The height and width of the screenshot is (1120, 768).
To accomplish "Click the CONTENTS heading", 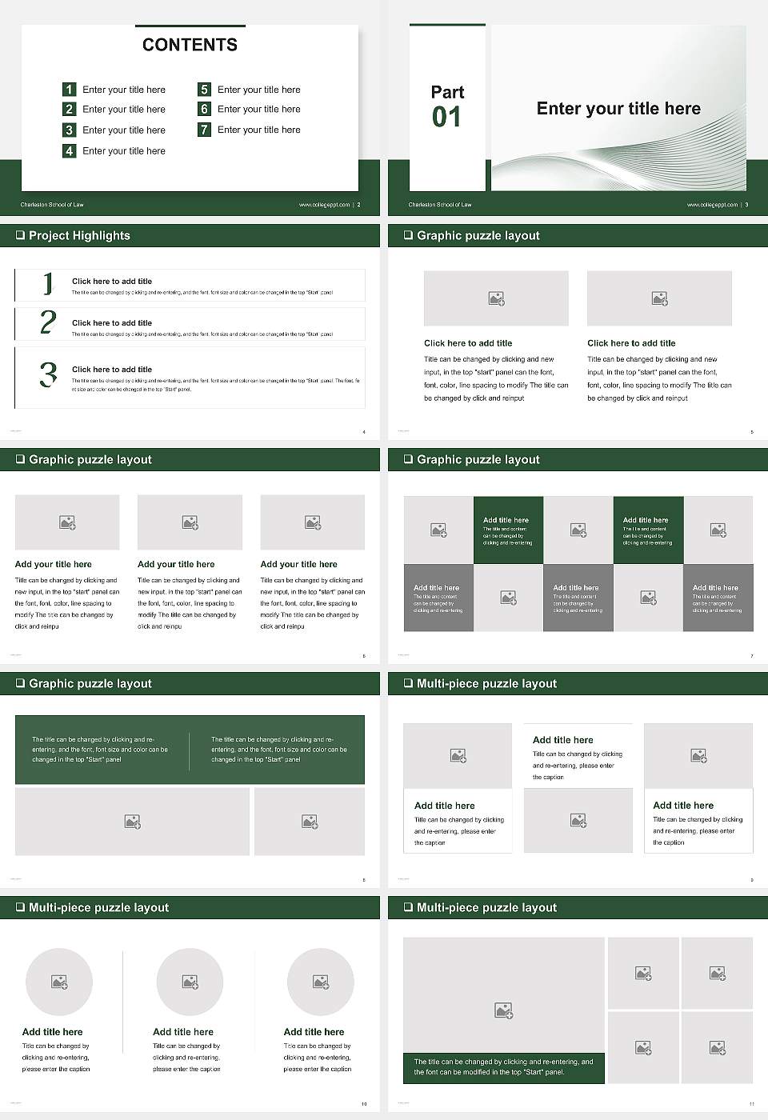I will click(190, 45).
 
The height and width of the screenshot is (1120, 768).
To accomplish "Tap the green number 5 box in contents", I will click(204, 90).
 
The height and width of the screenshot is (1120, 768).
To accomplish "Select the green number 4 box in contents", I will click(70, 150).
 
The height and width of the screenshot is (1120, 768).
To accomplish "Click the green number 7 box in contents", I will click(204, 130).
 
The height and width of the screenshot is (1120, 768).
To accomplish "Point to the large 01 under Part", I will click(446, 118).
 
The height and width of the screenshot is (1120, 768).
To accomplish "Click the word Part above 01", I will click(447, 92).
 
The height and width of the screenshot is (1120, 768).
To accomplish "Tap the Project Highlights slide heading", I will click(79, 235).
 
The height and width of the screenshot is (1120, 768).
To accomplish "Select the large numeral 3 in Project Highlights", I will click(48, 374).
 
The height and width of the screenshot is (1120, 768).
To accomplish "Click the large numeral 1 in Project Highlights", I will click(48, 283).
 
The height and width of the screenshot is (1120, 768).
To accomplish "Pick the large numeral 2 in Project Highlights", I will click(48, 322).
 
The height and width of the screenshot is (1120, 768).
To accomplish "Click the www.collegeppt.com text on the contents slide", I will click(324, 205).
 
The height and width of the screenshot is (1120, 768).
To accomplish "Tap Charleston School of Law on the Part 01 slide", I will click(440, 205).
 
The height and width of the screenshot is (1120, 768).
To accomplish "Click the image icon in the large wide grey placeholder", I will click(132, 822).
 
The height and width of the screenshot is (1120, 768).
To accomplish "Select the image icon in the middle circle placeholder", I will click(190, 982).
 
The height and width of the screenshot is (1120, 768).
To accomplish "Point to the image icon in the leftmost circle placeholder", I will click(59, 982).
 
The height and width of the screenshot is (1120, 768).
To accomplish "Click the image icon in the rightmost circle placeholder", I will click(321, 982).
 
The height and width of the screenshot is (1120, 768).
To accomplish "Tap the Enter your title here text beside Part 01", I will click(618, 109).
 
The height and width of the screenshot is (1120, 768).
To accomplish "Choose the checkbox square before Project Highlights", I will click(20, 235).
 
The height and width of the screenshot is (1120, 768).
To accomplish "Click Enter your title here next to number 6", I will click(259, 109).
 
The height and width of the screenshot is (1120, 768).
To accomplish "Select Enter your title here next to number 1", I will click(124, 90).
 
